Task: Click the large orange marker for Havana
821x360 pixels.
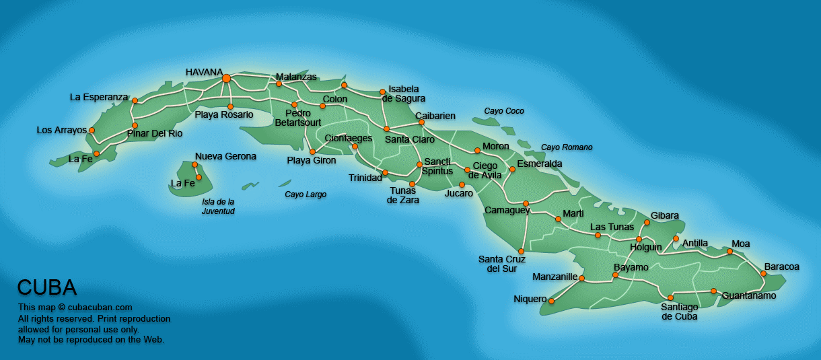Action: click(x=226, y=79)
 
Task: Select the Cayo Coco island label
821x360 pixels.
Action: click(x=504, y=111)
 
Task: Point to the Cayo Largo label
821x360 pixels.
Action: click(x=306, y=194)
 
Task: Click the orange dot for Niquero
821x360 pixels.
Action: click(x=551, y=301)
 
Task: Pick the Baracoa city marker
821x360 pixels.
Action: click(x=764, y=274)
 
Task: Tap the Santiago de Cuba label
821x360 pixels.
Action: click(x=679, y=312)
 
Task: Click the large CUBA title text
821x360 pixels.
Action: click(x=46, y=288)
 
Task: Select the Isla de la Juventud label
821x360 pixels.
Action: click(x=218, y=206)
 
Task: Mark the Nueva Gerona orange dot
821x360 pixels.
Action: click(x=194, y=165)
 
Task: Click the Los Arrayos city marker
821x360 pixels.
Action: click(x=92, y=131)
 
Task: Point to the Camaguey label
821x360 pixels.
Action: click(x=507, y=211)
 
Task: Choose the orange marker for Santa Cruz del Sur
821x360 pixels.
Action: click(x=521, y=251)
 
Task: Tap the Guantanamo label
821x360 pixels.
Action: click(x=749, y=296)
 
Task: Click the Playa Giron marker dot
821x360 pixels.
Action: click(x=312, y=151)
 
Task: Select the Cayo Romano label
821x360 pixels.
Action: click(x=567, y=147)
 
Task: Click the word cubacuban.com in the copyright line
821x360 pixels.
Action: click(x=99, y=308)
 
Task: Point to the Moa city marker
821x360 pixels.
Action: click(x=729, y=252)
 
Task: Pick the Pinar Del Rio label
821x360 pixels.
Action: click(x=155, y=133)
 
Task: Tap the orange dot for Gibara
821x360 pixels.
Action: click(x=647, y=222)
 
